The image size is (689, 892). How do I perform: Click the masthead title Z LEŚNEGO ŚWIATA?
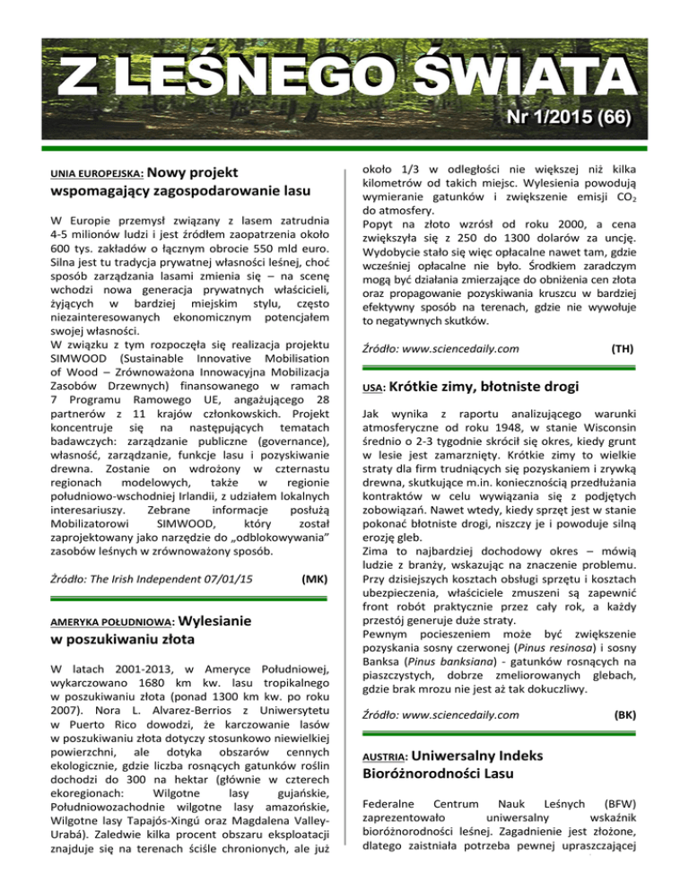344,74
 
